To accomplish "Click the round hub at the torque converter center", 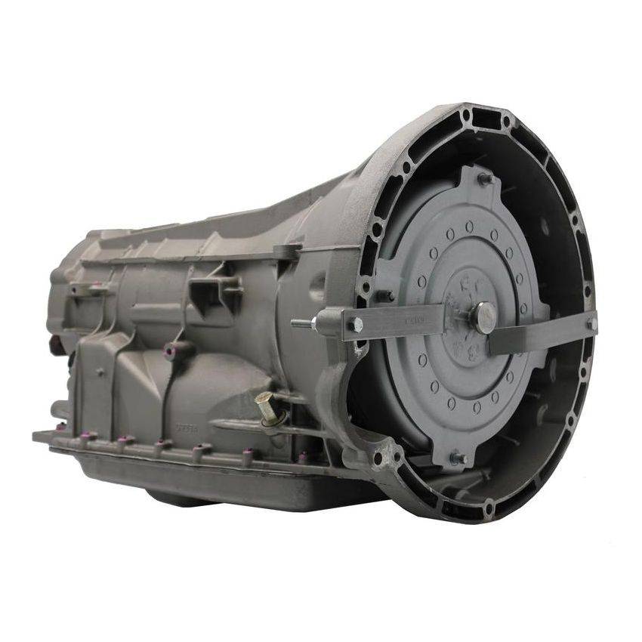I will point(483,317).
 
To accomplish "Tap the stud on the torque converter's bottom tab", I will point(457,458).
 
